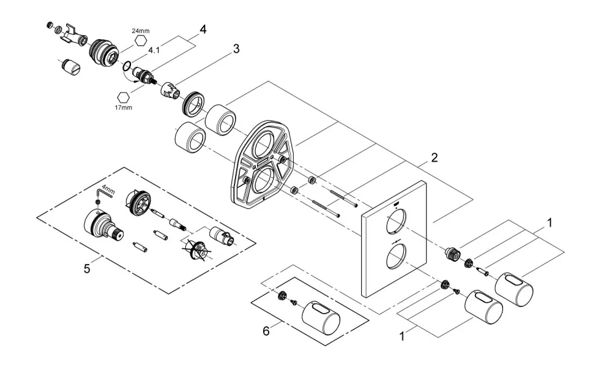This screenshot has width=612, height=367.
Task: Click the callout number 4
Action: click(x=203, y=29)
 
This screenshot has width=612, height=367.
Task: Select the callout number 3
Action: click(x=236, y=49)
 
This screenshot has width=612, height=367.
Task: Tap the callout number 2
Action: click(x=435, y=157)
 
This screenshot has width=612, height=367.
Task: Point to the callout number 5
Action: click(x=87, y=268)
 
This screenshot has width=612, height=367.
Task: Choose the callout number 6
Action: click(x=266, y=331)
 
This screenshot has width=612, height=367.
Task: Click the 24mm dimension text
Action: click(x=141, y=31)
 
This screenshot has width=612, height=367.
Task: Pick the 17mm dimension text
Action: click(x=124, y=107)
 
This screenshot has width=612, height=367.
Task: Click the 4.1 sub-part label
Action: click(x=154, y=51)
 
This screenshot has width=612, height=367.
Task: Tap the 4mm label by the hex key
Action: click(x=108, y=191)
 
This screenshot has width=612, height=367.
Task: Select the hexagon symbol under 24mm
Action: click(x=141, y=40)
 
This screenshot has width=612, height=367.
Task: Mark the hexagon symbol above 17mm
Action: click(x=124, y=97)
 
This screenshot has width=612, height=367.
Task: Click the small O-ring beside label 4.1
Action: click(x=127, y=66)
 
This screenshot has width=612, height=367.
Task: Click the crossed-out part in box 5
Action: click(x=196, y=250)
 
